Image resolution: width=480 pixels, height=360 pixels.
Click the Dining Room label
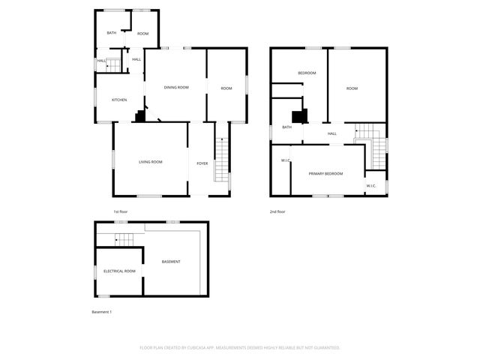176,88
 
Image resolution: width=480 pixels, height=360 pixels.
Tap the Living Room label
151,162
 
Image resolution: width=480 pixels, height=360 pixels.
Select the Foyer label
202,163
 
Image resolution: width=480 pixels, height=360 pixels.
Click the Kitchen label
119,100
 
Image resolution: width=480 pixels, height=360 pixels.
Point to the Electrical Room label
119,271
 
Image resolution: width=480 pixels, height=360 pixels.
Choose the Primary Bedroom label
325,174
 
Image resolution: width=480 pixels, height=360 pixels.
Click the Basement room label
171,261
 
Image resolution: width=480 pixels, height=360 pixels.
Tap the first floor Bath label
111,33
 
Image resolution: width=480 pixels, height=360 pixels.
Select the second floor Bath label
286,127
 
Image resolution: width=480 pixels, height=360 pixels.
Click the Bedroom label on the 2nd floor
307,73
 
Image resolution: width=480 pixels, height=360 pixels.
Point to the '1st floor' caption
121,211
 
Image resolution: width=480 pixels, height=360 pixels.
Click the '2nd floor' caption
277,211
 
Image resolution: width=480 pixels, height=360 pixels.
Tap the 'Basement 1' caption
101,311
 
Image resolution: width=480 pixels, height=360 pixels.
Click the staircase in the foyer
220,160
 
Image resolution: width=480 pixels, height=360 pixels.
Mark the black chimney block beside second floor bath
299,116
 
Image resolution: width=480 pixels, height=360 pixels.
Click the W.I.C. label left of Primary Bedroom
286,160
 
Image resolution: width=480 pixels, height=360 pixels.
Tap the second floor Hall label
331,133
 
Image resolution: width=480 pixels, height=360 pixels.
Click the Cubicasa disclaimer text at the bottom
239,347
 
